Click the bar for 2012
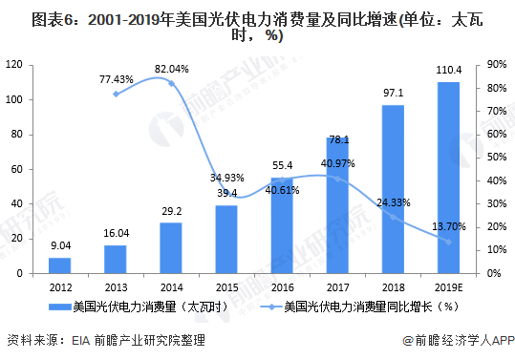click(59, 265)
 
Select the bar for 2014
click(171, 247)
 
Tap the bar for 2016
click(282, 225)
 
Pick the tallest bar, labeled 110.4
click(449, 178)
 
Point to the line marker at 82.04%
click(171, 83)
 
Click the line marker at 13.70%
click(449, 242)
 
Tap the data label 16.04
click(115, 233)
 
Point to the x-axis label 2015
click(226, 286)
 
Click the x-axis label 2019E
click(449, 286)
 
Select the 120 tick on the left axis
click(14, 64)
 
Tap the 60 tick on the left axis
click(17, 169)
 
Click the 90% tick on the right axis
click(496, 64)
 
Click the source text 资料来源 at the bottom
click(30, 339)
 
